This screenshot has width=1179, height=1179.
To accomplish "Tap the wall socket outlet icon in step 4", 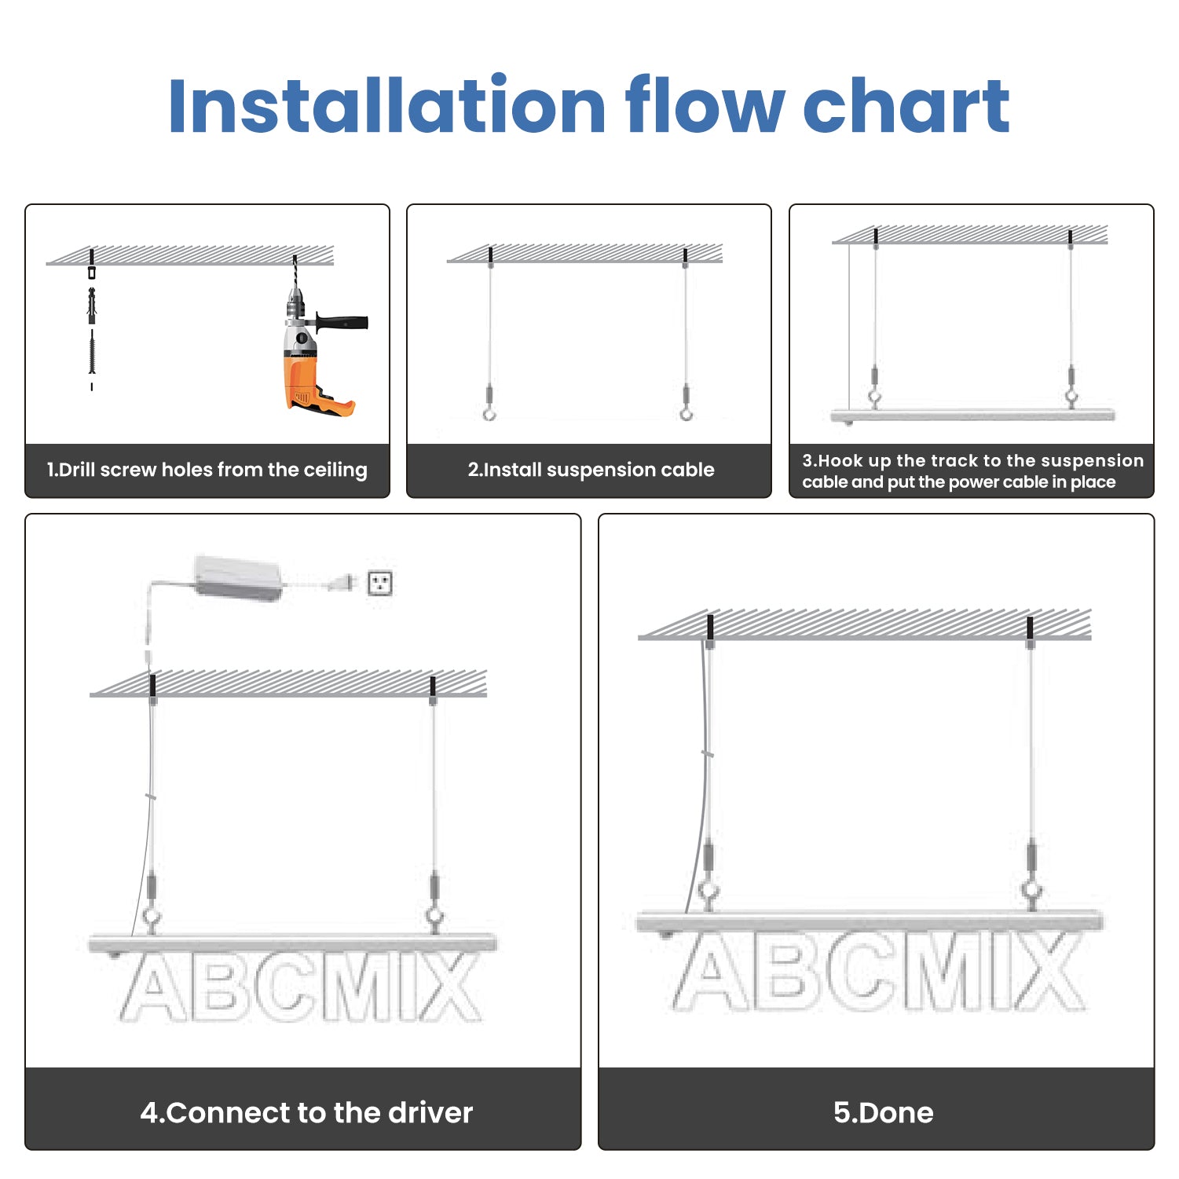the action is tap(380, 584).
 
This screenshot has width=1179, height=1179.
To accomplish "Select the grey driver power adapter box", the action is tap(238, 577).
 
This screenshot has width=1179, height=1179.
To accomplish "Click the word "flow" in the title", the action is tap(705, 105).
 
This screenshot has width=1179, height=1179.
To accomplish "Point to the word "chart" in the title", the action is tap(906, 105).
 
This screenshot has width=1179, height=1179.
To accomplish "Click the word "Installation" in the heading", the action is tap(386, 105).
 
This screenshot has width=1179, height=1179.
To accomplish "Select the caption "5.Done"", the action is tap(883, 1113).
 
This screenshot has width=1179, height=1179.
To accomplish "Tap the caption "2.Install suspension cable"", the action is tap(591, 470).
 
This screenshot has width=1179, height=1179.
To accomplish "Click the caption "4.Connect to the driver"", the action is tap(306, 1113).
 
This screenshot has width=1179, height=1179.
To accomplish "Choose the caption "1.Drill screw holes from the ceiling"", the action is tap(207, 470).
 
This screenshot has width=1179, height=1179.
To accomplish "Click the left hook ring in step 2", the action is tap(489, 412).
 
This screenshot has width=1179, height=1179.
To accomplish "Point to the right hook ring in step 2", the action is tap(686, 412).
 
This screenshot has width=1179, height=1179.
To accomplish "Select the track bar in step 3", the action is tap(972, 415).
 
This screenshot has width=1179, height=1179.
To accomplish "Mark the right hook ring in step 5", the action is tap(1031, 893).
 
